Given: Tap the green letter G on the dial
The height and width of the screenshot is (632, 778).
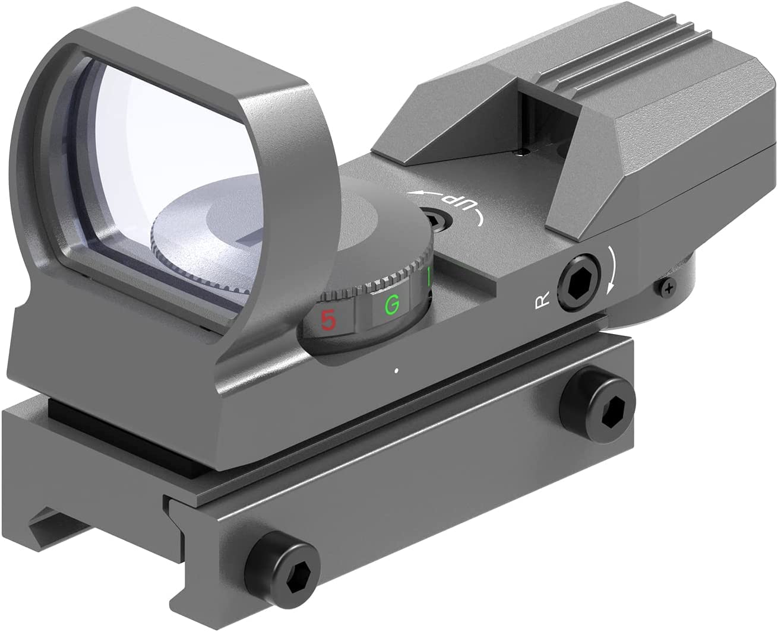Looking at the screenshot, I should pos(391,305).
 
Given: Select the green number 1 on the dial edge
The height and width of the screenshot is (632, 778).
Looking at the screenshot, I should pos(429,277).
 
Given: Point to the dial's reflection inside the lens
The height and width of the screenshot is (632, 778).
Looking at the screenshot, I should pos(196,237).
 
